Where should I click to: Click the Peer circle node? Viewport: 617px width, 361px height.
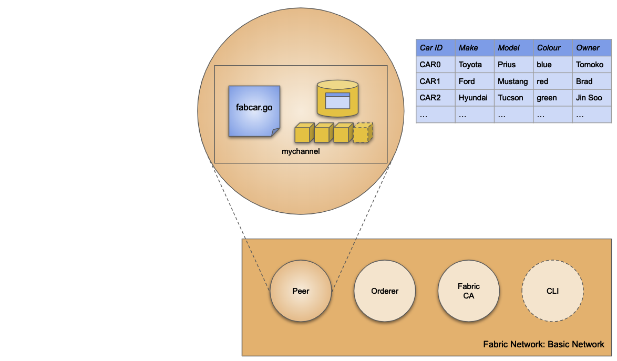coord(301,291)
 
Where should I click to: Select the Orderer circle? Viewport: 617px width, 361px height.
coord(385,291)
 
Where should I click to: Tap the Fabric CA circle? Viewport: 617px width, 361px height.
coord(468,291)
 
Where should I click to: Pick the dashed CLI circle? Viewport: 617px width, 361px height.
coord(552,291)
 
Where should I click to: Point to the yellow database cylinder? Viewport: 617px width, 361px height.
coord(337,98)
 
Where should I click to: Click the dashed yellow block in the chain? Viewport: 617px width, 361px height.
coord(363,133)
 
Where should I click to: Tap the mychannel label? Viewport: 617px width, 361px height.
coord(301,151)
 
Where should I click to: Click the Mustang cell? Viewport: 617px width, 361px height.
coord(513,81)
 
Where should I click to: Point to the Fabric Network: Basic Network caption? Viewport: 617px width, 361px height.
coord(543,345)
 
